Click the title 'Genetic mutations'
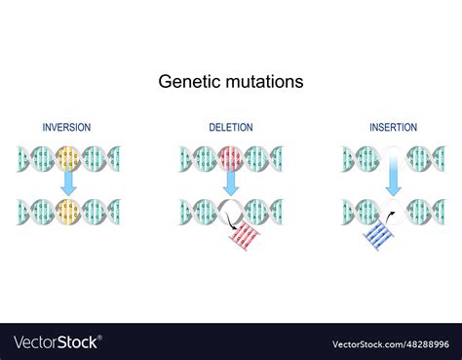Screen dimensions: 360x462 231,82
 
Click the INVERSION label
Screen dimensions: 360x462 67,128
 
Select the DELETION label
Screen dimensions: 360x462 230,128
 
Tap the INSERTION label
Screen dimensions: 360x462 393,128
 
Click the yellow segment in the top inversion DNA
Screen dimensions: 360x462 68,158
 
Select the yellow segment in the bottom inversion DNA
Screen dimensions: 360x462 68,212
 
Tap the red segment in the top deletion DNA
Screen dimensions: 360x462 231,158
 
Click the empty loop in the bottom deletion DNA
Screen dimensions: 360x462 231,210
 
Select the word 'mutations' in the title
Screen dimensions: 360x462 262,82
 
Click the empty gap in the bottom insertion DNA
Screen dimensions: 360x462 394,210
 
